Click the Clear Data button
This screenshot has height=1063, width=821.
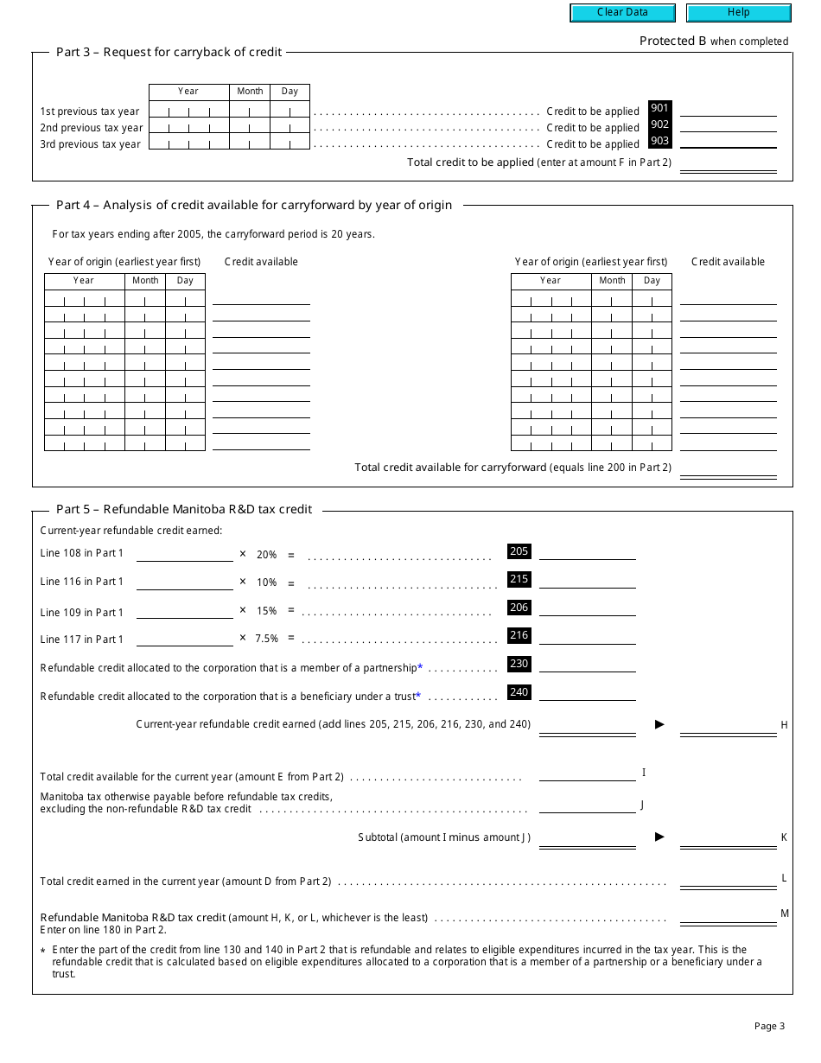[x=621, y=13]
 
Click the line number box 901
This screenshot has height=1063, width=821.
[x=659, y=109]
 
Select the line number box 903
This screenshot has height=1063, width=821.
[x=659, y=141]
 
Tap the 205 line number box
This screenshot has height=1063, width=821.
[x=519, y=551]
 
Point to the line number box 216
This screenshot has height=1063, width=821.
[x=519, y=635]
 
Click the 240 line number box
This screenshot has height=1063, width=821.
[x=519, y=692]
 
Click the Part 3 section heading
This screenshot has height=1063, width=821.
[x=169, y=52]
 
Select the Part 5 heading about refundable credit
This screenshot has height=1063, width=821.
[x=184, y=509]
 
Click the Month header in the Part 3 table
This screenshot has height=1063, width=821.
[x=250, y=92]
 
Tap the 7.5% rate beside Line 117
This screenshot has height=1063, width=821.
[x=266, y=639]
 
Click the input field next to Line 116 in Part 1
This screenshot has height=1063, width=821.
[x=185, y=582]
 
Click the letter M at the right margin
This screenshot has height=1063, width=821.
[x=785, y=913]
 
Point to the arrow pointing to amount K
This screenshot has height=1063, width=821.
[x=659, y=837]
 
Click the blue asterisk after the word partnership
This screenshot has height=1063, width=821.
[x=420, y=667]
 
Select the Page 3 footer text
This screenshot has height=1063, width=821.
[x=769, y=1027]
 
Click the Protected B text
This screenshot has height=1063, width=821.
[x=672, y=41]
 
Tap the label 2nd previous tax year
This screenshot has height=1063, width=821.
[x=91, y=128]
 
